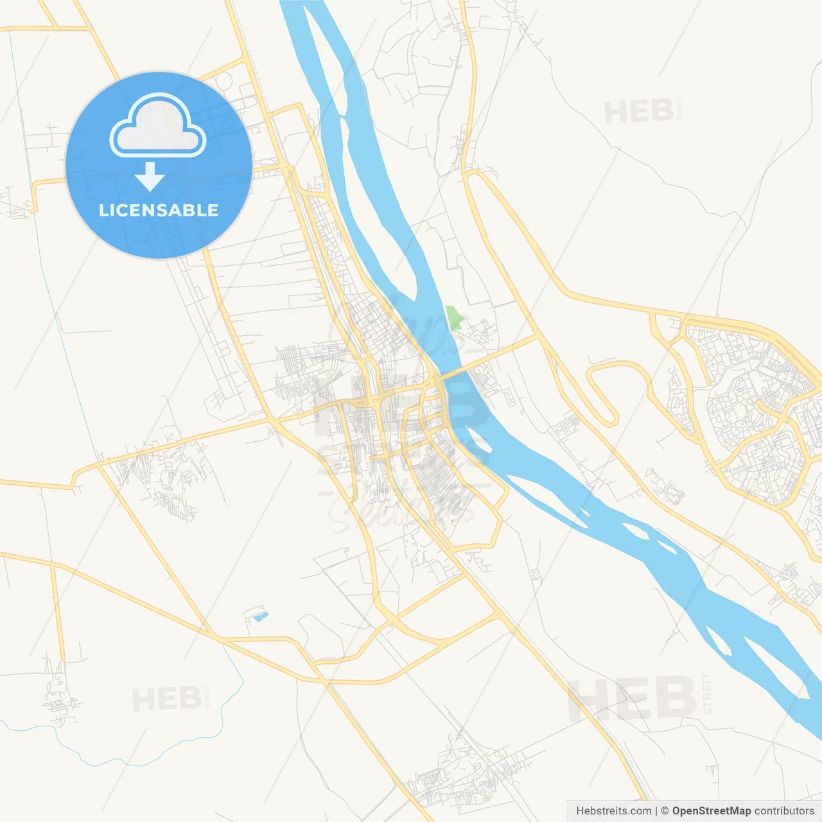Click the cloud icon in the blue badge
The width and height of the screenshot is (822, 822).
(158, 126)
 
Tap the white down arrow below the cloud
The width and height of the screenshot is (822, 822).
(150, 177)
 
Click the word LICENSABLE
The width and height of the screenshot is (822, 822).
(159, 210)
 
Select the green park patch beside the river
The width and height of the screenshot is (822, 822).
(454, 318)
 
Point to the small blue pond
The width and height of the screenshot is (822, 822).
(260, 616)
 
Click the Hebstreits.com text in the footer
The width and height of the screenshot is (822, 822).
(613, 811)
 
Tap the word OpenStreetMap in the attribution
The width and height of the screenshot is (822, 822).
(711, 811)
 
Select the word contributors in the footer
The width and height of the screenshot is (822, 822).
(784, 811)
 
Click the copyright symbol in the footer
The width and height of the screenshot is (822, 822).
(665, 811)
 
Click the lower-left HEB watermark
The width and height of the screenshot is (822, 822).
(167, 699)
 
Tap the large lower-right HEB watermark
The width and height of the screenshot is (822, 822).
(632, 698)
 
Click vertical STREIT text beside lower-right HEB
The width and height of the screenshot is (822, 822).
(707, 694)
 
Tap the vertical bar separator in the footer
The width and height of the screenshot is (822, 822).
(656, 811)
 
